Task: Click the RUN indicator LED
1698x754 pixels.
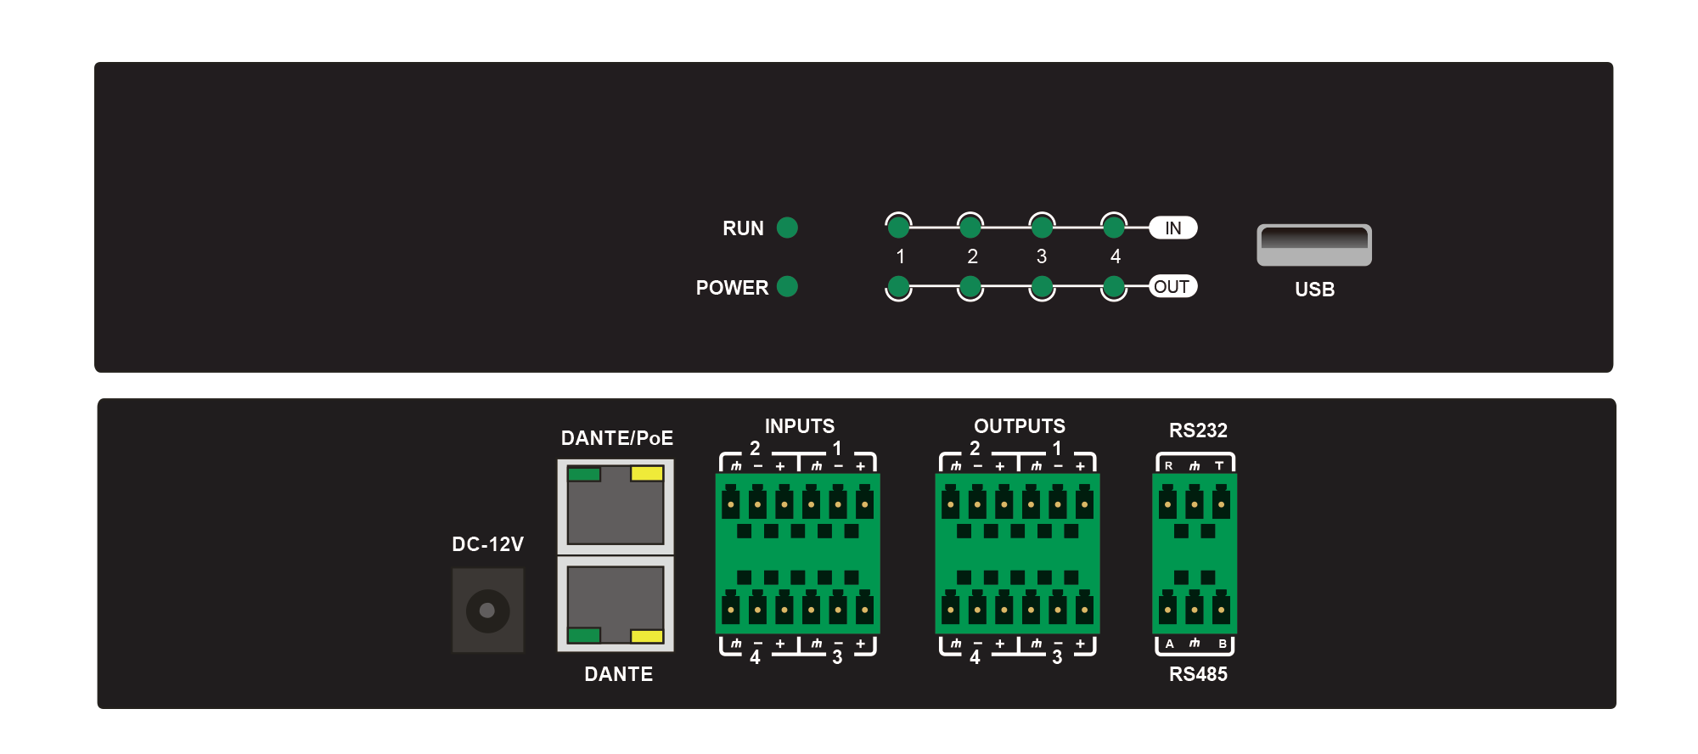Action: click(x=787, y=228)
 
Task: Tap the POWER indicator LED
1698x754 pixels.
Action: click(x=787, y=286)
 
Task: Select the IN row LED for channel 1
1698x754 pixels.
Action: click(x=898, y=227)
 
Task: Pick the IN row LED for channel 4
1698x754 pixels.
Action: click(x=1114, y=227)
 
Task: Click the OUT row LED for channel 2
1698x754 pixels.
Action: click(x=970, y=287)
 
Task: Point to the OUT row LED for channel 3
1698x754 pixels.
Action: click(x=1042, y=287)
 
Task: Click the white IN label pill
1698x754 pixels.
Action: click(x=1173, y=228)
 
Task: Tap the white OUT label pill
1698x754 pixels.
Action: click(x=1173, y=286)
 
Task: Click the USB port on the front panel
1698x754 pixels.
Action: click(x=1314, y=245)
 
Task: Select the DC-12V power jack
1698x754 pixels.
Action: click(x=487, y=610)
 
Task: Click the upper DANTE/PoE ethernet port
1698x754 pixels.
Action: click(x=616, y=506)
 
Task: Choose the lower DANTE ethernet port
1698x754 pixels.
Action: click(x=616, y=604)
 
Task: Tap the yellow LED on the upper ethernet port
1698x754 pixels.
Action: click(x=647, y=474)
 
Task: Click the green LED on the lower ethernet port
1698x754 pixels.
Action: click(x=584, y=635)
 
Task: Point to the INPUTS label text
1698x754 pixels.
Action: click(x=800, y=426)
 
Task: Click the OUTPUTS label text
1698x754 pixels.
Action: click(x=1020, y=426)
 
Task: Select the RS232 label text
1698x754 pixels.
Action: click(x=1198, y=430)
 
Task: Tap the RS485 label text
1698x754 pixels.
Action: click(x=1198, y=674)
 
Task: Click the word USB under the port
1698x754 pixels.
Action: click(x=1315, y=290)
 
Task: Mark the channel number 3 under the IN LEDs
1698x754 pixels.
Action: click(x=1042, y=256)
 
